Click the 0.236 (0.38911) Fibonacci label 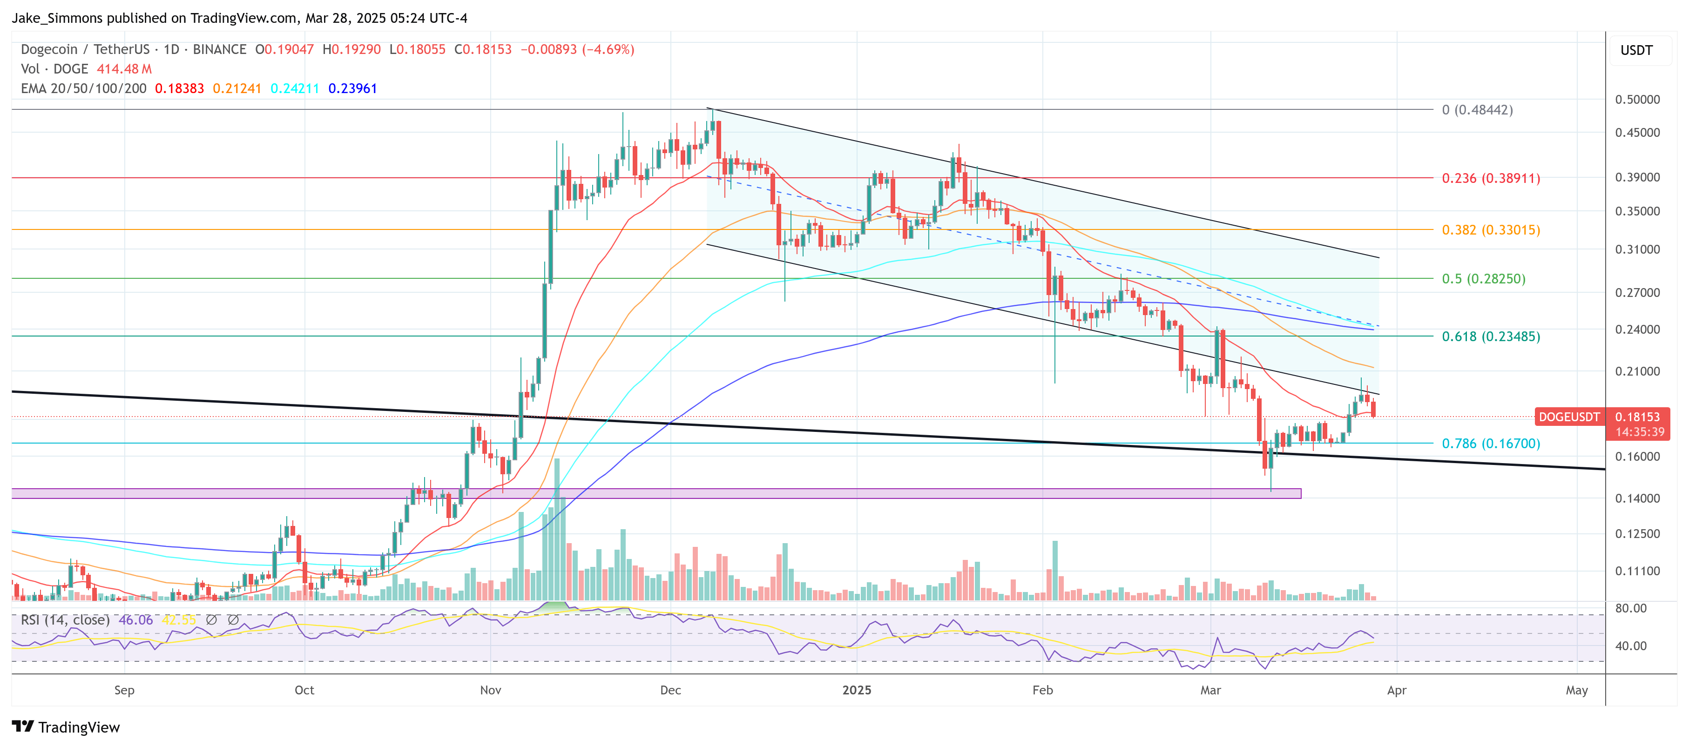point(1490,178)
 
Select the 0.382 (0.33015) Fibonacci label point(1490,230)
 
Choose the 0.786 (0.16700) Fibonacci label point(1490,444)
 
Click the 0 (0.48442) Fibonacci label point(1477,110)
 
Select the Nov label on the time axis point(490,690)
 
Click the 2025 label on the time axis point(856,690)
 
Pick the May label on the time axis point(1576,690)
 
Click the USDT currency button point(1636,50)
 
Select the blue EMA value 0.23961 point(353,88)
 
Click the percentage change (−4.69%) point(608,50)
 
